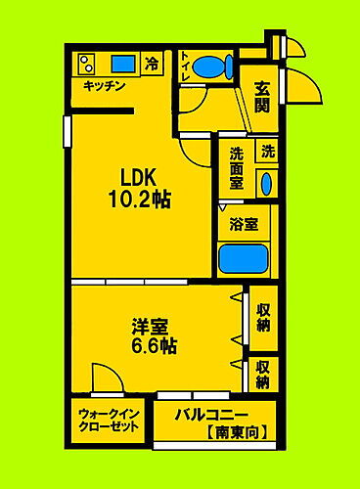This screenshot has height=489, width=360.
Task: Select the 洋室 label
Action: [155, 326]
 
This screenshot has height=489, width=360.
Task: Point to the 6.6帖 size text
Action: [155, 345]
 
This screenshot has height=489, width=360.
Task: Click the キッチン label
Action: [104, 87]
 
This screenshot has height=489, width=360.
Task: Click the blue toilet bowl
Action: [211, 67]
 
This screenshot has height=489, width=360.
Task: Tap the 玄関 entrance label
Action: [262, 97]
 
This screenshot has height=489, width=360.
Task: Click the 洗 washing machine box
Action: [267, 152]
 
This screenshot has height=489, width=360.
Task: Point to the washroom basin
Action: [266, 183]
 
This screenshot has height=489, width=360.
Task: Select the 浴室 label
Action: [244, 224]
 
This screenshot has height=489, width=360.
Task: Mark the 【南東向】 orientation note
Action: [235, 431]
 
